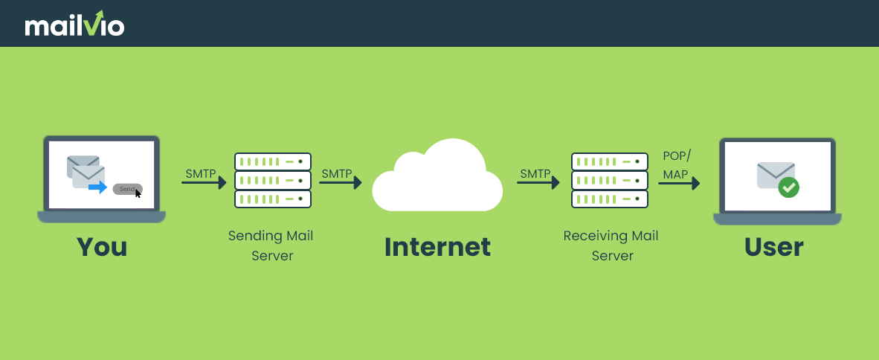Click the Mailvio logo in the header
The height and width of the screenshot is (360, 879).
pos(74,25)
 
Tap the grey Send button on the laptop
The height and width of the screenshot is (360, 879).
pos(126,189)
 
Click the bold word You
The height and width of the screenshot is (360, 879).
pos(102,247)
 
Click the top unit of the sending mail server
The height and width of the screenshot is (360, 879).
pos(273,161)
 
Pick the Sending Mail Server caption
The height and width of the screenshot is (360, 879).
pos(271,246)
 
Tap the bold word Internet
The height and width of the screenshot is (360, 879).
pos(437,247)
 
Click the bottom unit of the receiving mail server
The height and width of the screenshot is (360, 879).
pos(610,199)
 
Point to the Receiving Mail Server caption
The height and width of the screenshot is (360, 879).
pos(611,246)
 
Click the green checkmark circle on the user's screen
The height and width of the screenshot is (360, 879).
pos(789,187)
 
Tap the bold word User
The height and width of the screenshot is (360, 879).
pos(774,247)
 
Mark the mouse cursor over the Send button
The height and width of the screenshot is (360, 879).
pos(138,193)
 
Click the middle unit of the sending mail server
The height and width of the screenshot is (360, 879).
pos(273,180)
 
